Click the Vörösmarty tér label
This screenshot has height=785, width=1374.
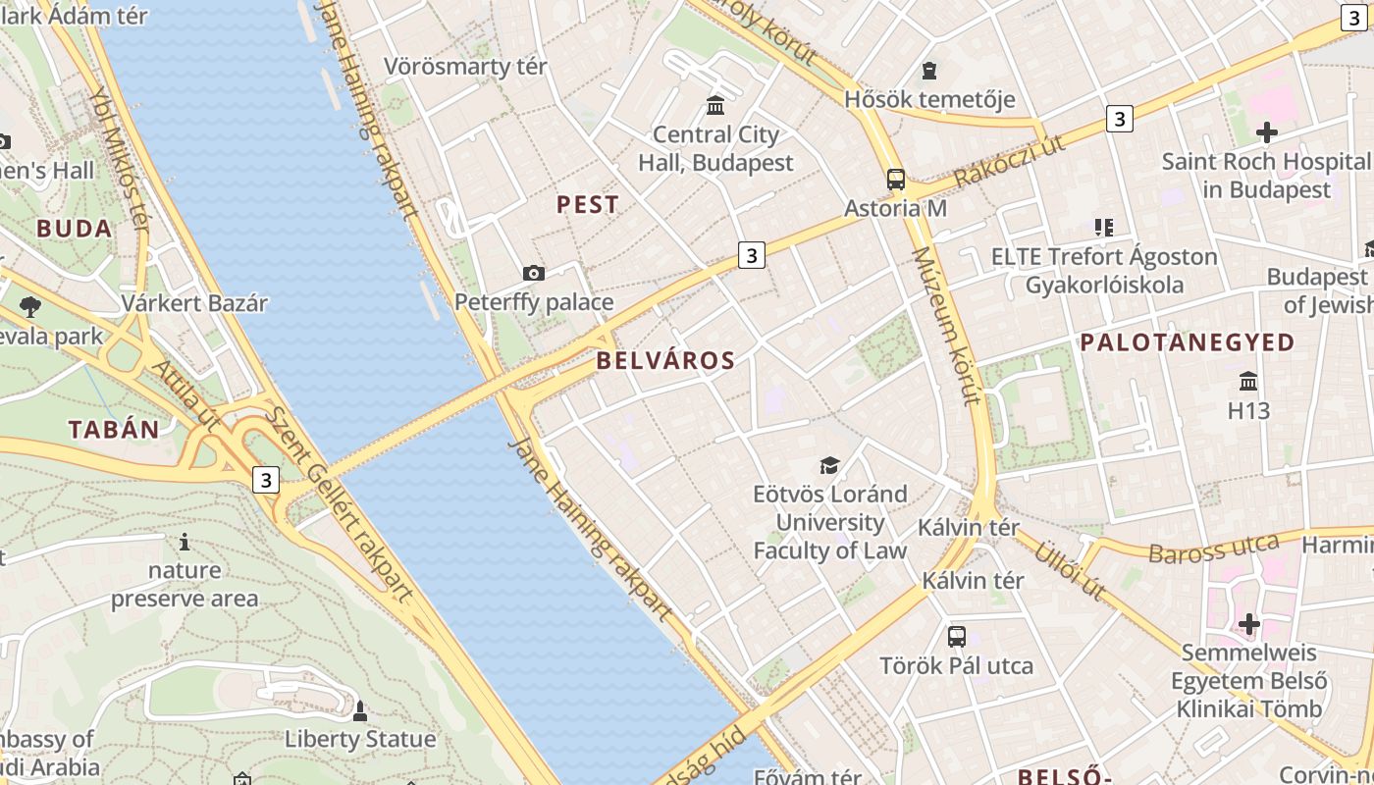(465, 67)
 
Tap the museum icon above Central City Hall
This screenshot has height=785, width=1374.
(715, 105)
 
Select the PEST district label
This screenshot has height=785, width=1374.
(588, 204)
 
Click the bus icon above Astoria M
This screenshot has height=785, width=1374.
(895, 180)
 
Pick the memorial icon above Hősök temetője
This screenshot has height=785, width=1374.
(929, 71)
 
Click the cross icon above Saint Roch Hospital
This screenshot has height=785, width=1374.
(1266, 131)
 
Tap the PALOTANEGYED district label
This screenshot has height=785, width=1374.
(1188, 342)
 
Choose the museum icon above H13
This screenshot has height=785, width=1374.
(1248, 381)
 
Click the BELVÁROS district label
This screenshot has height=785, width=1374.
(665, 360)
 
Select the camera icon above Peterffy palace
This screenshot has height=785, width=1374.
(534, 273)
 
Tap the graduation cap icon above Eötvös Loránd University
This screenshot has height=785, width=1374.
(830, 465)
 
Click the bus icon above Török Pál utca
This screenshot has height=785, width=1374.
(957, 637)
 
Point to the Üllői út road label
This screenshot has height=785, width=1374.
(1070, 571)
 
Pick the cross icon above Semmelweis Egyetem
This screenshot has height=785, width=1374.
(1248, 624)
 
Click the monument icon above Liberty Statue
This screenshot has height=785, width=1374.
(360, 710)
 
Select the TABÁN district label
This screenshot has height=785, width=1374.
(114, 429)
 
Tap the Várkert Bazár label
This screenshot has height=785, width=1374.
(194, 303)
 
